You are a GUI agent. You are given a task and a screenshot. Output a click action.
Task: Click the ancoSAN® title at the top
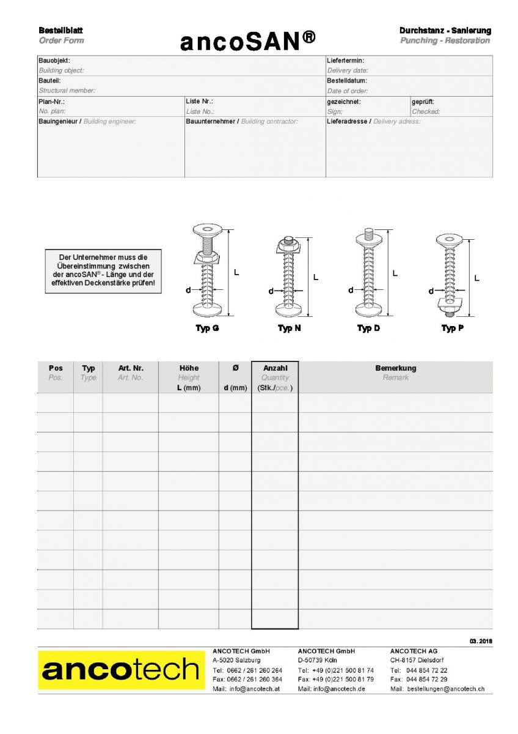click(x=248, y=41)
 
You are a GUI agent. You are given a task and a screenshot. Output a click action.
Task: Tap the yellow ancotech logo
click(x=122, y=670)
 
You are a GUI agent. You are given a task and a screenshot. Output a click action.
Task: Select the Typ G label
click(x=207, y=328)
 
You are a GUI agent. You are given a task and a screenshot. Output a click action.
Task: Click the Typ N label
click(x=289, y=328)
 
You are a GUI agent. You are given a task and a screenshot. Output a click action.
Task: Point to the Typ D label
click(x=368, y=328)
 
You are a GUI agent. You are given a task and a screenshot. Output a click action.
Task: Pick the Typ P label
click(x=452, y=328)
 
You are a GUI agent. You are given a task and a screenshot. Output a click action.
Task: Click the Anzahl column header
click(x=275, y=368)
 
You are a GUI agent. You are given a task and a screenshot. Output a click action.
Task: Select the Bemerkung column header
click(x=395, y=368)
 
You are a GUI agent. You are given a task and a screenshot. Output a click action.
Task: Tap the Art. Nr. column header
click(x=131, y=368)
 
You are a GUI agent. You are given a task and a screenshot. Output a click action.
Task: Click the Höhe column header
click(x=189, y=368)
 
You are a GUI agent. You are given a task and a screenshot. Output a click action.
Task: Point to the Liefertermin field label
click(x=346, y=61)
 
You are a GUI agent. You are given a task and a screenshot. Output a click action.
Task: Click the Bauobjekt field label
click(x=54, y=61)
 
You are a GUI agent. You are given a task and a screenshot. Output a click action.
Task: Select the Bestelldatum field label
click(x=347, y=81)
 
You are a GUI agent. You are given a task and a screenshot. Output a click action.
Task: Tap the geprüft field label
click(x=423, y=102)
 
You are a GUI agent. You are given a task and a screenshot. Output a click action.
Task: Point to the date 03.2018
click(x=481, y=641)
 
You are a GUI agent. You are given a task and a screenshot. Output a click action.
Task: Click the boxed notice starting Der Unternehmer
click(x=103, y=270)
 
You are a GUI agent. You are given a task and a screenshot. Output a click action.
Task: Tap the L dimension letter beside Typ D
click(x=395, y=273)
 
